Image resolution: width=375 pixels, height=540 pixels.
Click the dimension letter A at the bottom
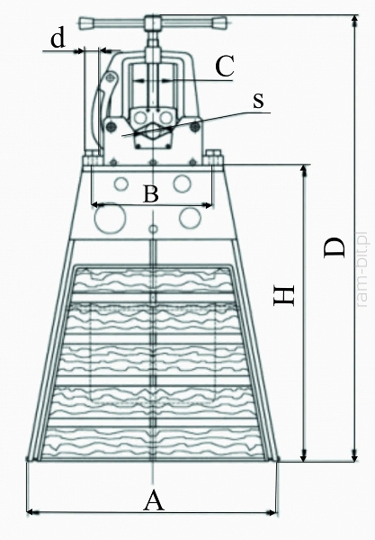154,501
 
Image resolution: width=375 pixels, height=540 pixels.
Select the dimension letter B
151,193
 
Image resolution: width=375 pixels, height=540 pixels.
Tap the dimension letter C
225,66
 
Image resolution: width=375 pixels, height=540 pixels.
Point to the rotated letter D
334,247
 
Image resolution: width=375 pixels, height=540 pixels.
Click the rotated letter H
284,295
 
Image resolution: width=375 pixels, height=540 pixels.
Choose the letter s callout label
258,101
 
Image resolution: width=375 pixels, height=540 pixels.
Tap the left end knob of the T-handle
87,23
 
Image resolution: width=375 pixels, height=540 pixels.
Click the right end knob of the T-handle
219,23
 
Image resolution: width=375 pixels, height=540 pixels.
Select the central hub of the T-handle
153,23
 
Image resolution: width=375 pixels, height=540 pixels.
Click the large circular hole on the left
110,218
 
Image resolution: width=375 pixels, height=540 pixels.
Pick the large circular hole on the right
190,218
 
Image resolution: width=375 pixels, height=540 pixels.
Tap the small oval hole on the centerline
153,229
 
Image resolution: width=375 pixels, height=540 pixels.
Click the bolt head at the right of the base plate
213,158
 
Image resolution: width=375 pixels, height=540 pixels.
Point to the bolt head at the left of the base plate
93,158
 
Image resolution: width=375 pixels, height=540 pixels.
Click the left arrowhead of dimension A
31,513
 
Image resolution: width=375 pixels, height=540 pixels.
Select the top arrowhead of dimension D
354,21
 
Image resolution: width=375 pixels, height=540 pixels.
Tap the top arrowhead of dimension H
303,170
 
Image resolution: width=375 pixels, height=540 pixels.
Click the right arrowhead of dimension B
208,205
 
